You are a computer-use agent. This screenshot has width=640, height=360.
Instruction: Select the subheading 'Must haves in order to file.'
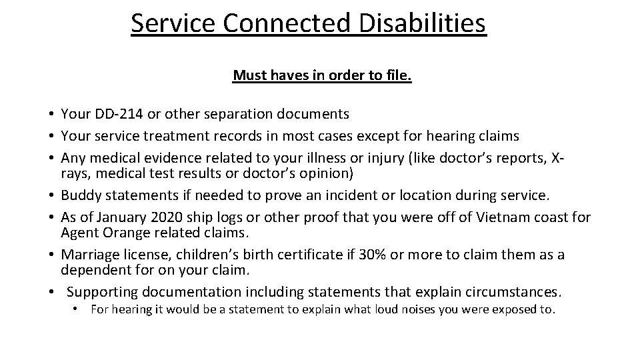322,76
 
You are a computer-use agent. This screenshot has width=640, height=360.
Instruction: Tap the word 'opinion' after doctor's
328,174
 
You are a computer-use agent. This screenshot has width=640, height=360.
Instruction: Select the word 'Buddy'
81,196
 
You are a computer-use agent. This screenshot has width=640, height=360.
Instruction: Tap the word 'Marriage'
89,255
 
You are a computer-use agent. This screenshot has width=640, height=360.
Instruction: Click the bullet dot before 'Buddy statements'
51,196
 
